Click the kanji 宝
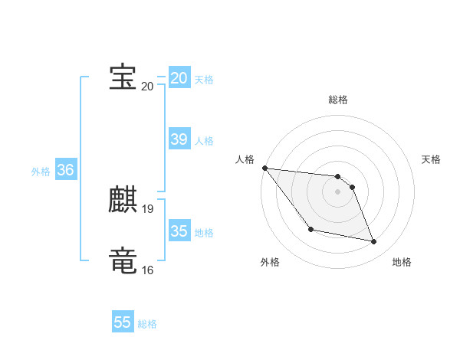click(x=123, y=77)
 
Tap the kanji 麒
click(x=123, y=200)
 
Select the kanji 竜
click(x=123, y=260)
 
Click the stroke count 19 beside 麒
click(x=148, y=208)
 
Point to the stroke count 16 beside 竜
click(x=148, y=270)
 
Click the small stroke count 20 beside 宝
click(x=147, y=86)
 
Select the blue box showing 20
click(x=179, y=77)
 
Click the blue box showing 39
click(x=179, y=139)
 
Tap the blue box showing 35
click(x=179, y=231)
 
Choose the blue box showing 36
click(x=65, y=170)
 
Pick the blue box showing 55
click(x=123, y=322)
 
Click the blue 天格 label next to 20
click(x=204, y=79)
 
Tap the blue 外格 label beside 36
click(x=41, y=172)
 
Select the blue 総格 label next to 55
click(x=147, y=324)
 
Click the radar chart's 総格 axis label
click(x=338, y=100)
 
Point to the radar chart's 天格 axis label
click(x=432, y=159)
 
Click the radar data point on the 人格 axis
click(x=264, y=168)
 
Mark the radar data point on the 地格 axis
click(x=374, y=242)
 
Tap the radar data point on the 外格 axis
click(x=310, y=229)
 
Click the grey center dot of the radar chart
click(x=338, y=191)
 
